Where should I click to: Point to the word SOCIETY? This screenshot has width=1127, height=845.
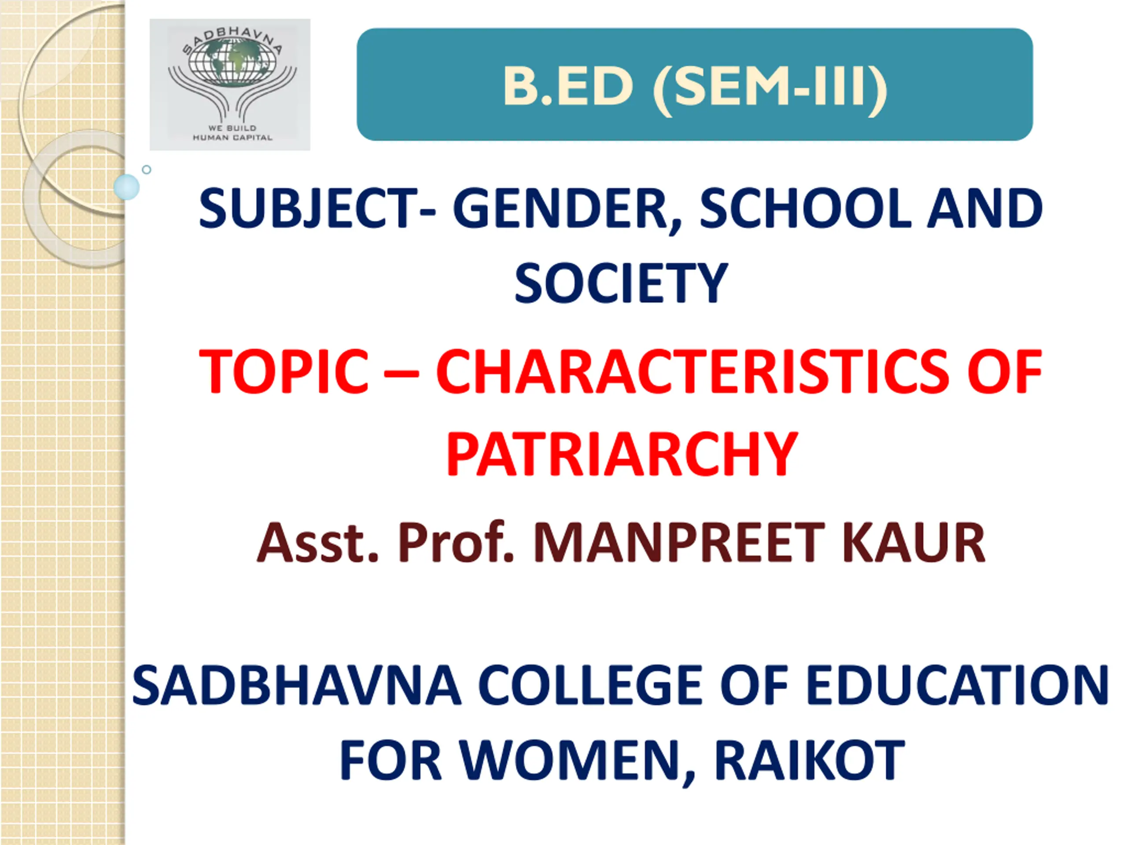(x=621, y=284)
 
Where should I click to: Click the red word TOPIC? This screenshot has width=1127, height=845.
(x=284, y=371)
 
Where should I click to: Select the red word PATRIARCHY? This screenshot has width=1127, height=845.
(x=622, y=453)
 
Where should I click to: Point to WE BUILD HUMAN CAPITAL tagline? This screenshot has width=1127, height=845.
(x=232, y=132)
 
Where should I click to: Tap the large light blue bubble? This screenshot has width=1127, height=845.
(x=126, y=187)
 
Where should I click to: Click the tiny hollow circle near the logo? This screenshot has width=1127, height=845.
(x=147, y=169)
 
